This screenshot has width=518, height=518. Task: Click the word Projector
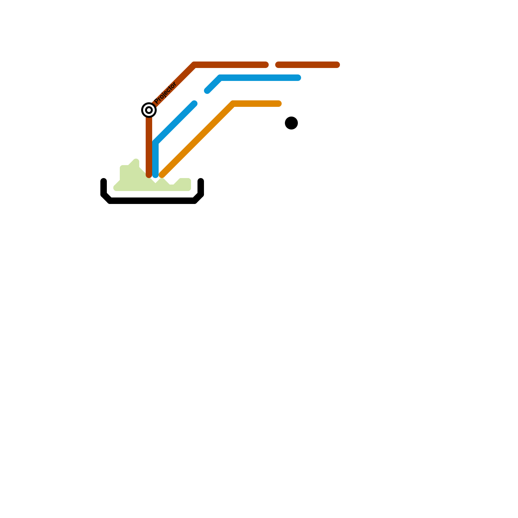tap(165, 93)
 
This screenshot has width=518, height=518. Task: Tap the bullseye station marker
tap(149, 110)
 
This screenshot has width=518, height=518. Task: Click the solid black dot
tap(291, 123)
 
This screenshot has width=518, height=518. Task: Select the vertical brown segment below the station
tap(149, 146)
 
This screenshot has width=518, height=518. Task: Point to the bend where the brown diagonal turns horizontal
tap(195, 65)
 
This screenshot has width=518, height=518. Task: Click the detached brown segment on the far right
tap(308, 65)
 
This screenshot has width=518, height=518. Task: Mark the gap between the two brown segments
tap(272, 65)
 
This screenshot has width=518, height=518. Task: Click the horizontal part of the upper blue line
tap(259, 78)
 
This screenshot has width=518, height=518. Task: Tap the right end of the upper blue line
tap(298, 78)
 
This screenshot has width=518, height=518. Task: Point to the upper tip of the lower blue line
tap(195, 104)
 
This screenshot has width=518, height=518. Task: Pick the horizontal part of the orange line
tap(256, 104)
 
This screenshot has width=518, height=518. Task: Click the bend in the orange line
tap(233, 104)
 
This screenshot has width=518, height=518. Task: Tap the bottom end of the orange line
tap(162, 175)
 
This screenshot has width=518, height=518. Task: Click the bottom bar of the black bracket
tap(152, 201)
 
